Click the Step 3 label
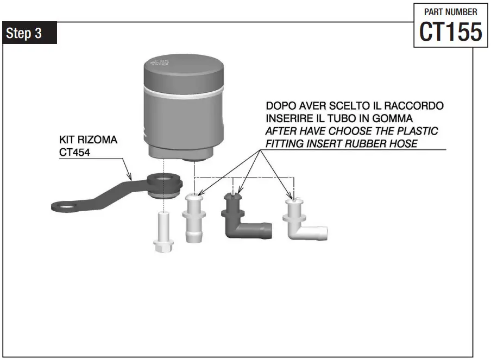24,33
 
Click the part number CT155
450,32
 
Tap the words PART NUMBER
450,12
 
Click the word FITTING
286,144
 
